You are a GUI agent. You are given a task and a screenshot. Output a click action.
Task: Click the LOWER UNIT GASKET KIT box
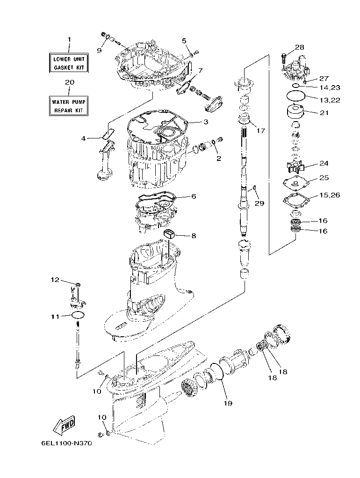(69, 63)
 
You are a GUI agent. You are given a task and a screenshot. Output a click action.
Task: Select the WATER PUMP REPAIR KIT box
(69, 106)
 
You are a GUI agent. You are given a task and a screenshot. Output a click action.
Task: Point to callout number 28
(299, 47)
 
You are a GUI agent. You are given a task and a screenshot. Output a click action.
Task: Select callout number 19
(228, 402)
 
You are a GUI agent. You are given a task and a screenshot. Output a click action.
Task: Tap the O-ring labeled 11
(79, 315)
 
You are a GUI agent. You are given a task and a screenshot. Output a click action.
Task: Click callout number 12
(56, 280)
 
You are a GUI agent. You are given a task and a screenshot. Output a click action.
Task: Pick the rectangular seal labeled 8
(169, 233)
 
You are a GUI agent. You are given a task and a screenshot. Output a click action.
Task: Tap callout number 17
(260, 130)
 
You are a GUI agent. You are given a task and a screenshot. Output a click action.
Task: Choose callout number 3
(205, 122)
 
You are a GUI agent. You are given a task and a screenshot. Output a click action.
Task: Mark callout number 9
(99, 50)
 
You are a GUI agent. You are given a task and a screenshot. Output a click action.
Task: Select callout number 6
(193, 196)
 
